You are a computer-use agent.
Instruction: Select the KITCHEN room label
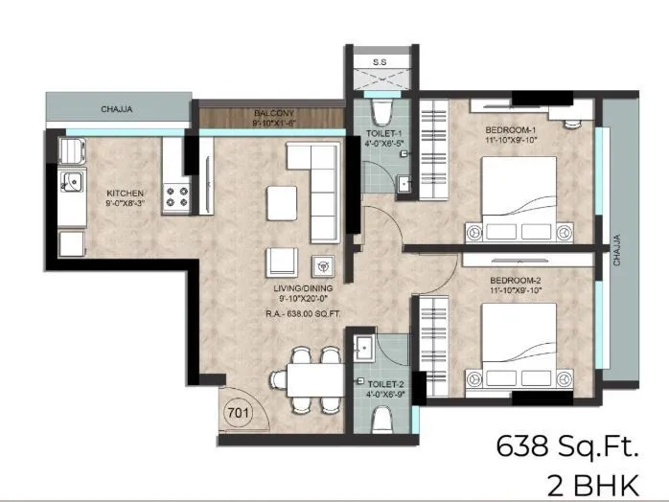[x=126, y=193]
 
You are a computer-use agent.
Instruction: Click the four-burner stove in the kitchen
[x=176, y=197]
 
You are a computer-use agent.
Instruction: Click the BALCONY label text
[x=273, y=112]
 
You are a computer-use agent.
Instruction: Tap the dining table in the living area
[x=305, y=378]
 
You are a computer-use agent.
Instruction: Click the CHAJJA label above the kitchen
[x=117, y=109]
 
